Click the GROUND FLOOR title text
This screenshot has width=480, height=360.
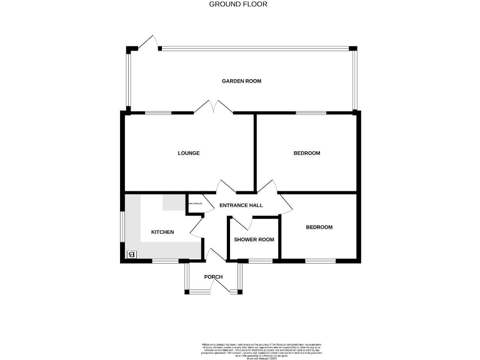237,4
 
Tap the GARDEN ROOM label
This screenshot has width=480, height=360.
241,81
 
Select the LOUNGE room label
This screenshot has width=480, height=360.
188,153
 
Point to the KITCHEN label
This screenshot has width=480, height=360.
162,232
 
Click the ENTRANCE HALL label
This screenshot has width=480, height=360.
241,205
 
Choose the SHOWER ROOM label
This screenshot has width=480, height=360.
254,240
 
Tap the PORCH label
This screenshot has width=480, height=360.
213,277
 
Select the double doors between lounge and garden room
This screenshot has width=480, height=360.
213,107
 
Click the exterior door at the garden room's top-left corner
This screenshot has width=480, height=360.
147,42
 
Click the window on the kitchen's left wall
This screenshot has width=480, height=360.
122,227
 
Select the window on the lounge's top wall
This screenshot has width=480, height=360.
158,113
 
